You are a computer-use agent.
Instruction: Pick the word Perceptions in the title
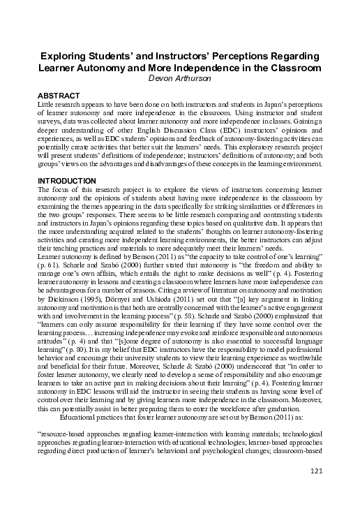(237, 56)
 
